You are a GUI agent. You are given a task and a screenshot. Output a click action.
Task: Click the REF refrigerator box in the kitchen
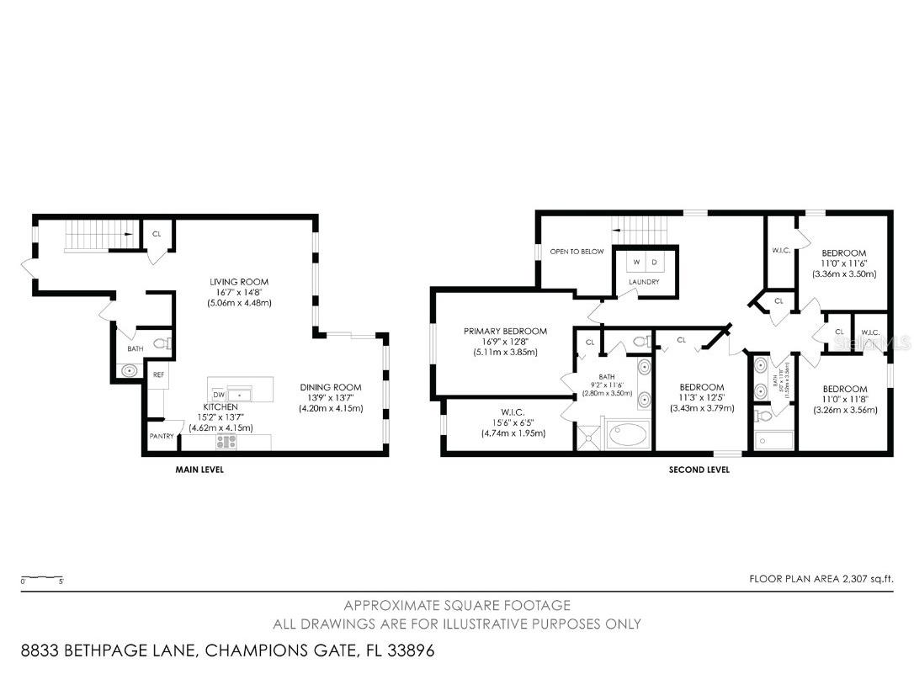coord(157,375)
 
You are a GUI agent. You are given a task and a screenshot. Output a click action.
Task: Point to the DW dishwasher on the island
coord(218,395)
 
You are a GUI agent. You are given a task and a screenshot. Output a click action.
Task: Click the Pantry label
coord(162,436)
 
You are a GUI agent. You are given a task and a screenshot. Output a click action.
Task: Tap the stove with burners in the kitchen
coord(226,441)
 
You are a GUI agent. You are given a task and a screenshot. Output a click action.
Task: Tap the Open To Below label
coord(577,251)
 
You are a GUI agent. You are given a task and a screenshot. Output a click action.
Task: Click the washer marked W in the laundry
coord(637,263)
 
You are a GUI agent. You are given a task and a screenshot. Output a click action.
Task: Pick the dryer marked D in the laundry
coord(654,263)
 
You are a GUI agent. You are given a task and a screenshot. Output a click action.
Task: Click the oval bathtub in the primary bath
coord(628,436)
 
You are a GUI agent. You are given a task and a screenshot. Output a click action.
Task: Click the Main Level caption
coord(199,470)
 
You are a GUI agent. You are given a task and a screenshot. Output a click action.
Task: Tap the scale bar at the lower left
coord(42,578)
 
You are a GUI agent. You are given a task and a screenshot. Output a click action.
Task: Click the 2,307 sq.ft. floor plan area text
coord(821,578)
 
